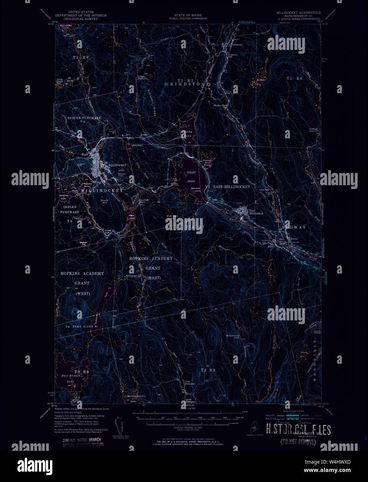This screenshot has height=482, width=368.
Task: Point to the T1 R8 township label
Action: point(78,57)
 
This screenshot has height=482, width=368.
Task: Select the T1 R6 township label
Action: point(294,79)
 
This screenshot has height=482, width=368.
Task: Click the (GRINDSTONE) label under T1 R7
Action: point(187,84)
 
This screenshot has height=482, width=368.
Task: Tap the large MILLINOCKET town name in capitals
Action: point(102,191)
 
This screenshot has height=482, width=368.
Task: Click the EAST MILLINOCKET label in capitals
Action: point(231,187)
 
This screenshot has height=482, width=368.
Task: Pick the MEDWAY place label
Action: point(293,227)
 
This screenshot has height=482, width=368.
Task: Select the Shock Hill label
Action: point(104,202)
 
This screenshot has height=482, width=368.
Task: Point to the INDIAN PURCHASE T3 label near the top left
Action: point(84,120)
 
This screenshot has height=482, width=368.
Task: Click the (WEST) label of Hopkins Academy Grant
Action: point(82,294)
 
